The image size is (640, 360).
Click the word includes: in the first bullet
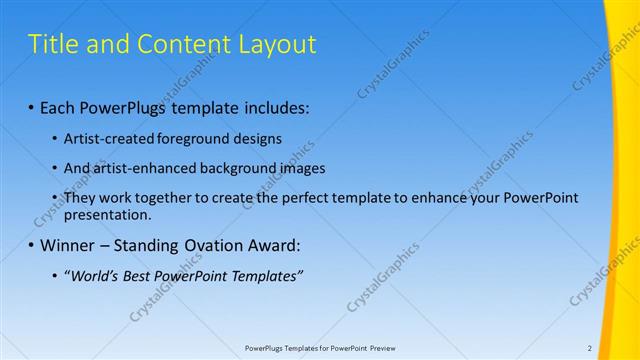(x=276, y=107)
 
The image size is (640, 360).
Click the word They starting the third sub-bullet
(x=81, y=198)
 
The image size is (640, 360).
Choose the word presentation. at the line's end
(x=107, y=214)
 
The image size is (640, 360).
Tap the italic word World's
(x=93, y=276)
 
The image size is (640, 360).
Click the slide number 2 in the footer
(x=590, y=348)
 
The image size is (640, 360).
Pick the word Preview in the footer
(x=383, y=348)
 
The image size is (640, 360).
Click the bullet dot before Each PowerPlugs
(x=31, y=107)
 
